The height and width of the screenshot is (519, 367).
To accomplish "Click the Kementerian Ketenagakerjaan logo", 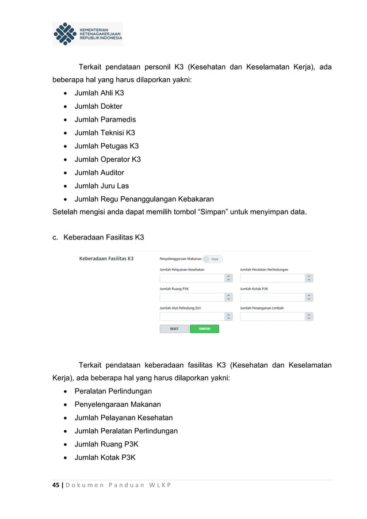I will pos(87,34).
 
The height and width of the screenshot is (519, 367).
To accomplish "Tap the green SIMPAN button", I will pos(204,329).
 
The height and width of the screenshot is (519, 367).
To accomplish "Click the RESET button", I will pos(174,329).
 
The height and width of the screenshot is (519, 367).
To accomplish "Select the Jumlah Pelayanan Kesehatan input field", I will pos(192,278).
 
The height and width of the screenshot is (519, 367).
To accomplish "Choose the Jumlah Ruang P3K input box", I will pos(192,297).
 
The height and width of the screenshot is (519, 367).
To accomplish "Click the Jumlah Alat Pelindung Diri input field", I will pos(192,316).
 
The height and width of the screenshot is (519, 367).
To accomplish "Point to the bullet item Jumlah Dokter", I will pos(98,106).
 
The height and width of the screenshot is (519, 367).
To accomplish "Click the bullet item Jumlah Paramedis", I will pos(105,120).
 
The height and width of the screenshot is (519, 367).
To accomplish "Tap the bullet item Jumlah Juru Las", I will pos(102,186).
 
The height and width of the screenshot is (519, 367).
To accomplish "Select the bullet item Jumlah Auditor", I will pos(100,173).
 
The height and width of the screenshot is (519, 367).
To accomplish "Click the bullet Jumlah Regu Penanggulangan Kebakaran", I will pos(144,199).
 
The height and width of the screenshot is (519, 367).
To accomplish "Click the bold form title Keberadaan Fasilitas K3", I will pos(106,259).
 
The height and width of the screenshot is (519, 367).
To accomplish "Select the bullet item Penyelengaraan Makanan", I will pos(118,404).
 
